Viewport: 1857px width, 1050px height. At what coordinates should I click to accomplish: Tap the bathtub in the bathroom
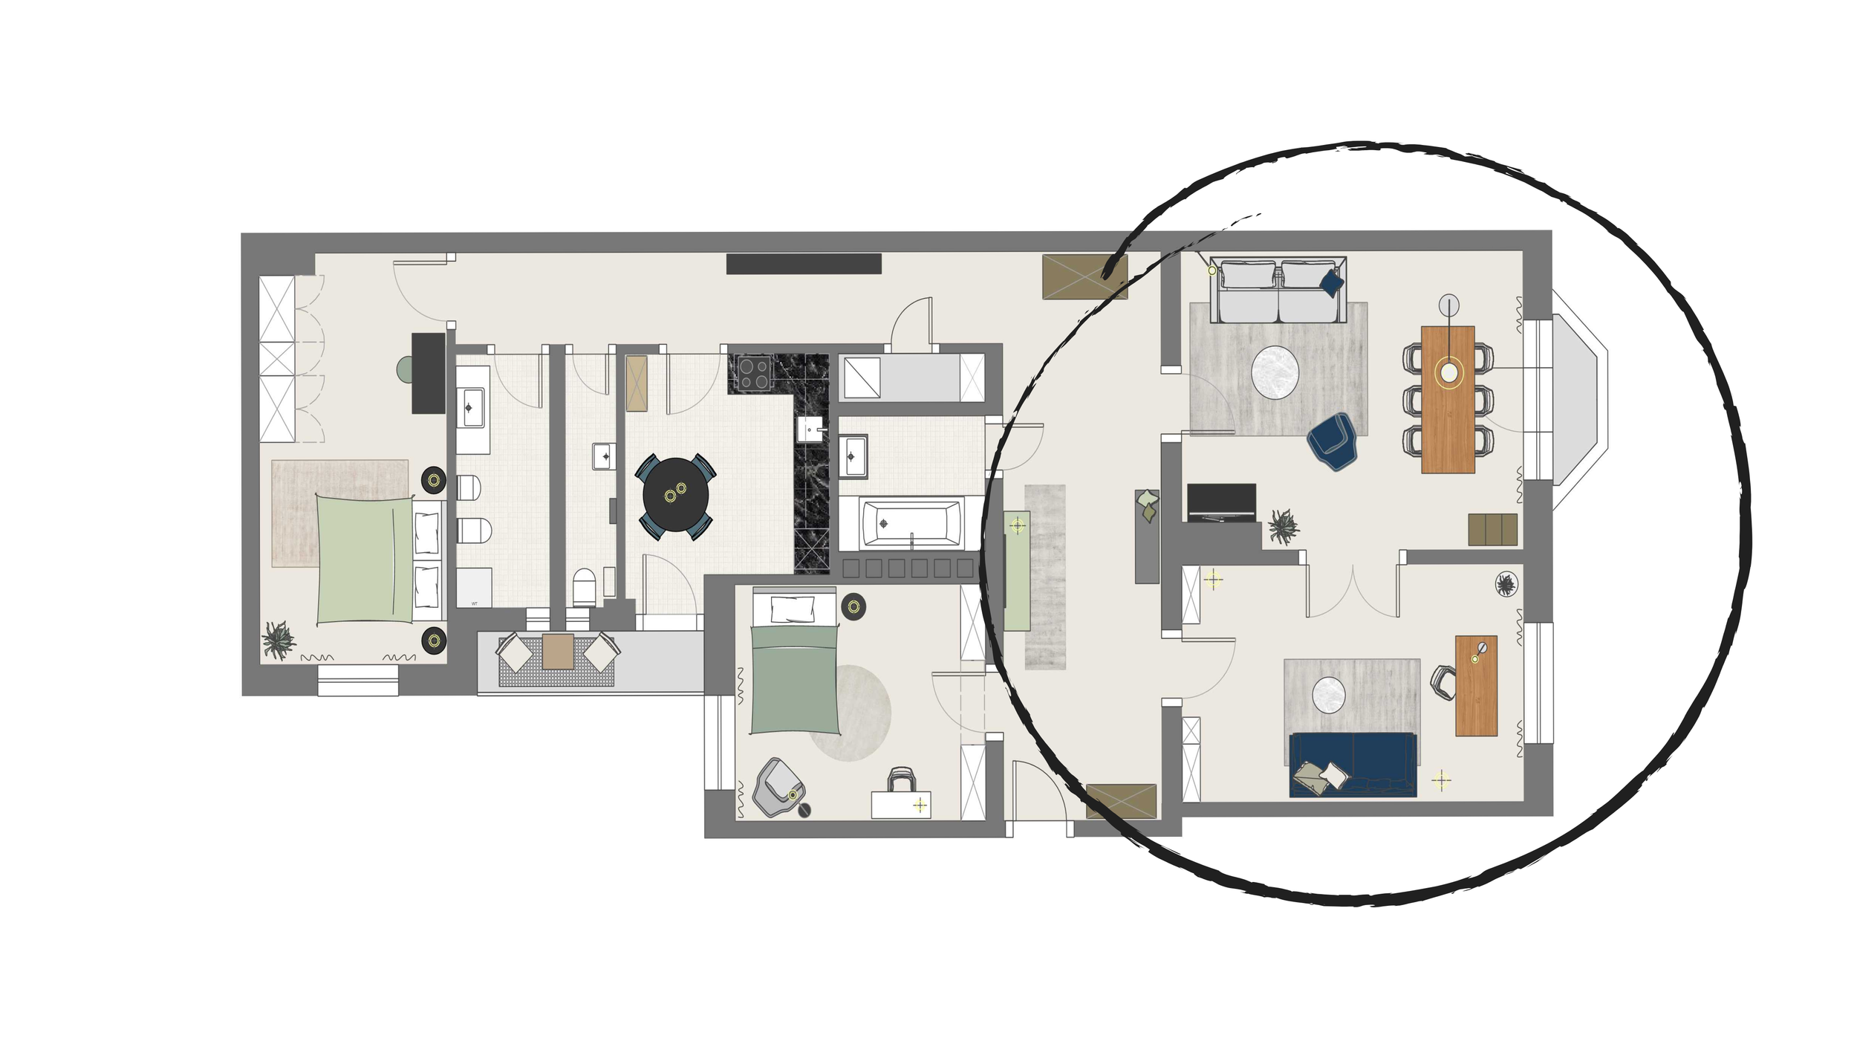pos(911,523)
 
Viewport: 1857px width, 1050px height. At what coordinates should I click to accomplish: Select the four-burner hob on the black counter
pos(753,373)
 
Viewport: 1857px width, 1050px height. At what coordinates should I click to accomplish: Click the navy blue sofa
pos(1353,765)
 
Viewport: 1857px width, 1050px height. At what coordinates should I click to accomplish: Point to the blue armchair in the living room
pos(1333,441)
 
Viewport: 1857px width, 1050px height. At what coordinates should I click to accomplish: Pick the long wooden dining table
pos(1448,399)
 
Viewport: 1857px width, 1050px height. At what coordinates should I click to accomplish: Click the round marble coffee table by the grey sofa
pos(1275,373)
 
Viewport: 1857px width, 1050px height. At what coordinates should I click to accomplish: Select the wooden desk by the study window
pos(1476,685)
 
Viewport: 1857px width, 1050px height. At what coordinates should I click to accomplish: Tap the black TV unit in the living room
pos(1221,503)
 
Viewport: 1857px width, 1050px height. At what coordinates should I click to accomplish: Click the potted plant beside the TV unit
pos(1283,527)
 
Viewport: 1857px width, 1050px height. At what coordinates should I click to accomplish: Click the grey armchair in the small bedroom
pos(777,788)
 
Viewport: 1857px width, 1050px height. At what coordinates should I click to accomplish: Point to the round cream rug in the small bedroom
pos(851,713)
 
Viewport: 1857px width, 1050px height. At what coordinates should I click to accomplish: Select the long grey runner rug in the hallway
pos(1045,576)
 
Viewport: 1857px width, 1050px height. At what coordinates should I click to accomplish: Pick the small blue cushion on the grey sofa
pos(1330,282)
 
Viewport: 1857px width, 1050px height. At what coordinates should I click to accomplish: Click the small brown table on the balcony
pos(557,651)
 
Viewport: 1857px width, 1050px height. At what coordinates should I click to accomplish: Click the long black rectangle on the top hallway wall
pos(803,264)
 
